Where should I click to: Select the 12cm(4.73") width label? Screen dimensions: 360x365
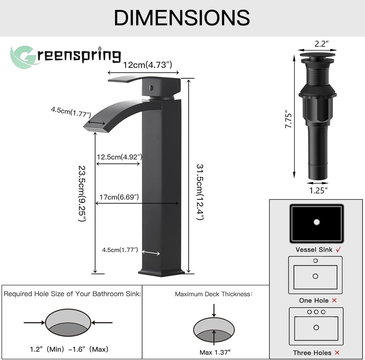148,65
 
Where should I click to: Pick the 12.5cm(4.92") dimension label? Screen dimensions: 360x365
120,157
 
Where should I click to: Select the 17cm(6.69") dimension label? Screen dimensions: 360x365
120,197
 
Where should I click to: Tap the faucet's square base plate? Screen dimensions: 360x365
161,272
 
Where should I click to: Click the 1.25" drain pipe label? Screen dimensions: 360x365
318,190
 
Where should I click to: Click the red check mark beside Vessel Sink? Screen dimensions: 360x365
339,250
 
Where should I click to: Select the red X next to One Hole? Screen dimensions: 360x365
334,300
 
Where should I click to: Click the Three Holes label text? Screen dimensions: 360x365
312,353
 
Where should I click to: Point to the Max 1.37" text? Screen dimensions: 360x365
215,352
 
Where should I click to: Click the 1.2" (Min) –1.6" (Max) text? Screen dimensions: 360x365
69,349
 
